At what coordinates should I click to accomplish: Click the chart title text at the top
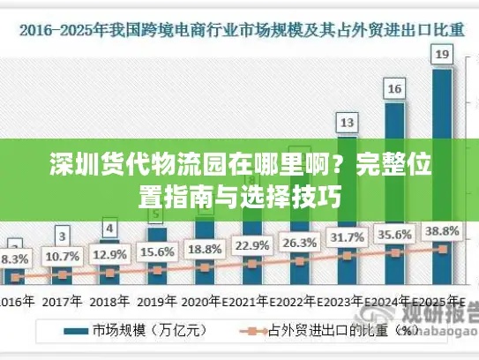point(239,30)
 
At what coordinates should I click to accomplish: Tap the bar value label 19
point(443,56)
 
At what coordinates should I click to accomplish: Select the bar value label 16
point(395,88)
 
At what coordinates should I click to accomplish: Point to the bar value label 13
point(348,122)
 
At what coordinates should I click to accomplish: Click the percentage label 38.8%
point(443,231)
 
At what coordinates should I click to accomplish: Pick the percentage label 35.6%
point(395,235)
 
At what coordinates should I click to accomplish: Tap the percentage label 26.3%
point(299,243)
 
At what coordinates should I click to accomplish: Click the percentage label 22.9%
point(251,245)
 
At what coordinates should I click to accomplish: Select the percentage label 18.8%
point(205,248)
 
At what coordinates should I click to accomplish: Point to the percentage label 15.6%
point(156,251)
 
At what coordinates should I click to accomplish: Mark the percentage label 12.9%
point(109,254)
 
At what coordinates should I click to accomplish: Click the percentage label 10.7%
point(62,257)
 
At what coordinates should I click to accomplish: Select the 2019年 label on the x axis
point(156,300)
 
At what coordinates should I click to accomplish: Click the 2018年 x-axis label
point(109,300)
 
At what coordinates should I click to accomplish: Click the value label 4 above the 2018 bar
point(109,229)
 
